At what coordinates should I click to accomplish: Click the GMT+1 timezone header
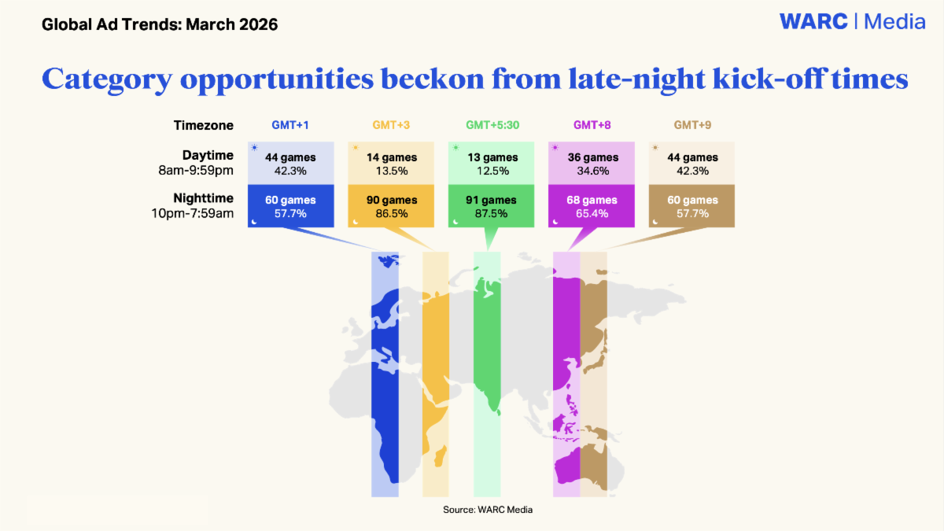point(290,125)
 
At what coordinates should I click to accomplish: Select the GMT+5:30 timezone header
point(492,125)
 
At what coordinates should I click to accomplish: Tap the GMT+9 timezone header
point(692,125)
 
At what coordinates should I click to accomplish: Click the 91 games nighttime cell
point(491,206)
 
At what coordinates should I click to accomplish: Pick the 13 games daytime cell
point(491,163)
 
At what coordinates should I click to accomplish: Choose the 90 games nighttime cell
point(391,206)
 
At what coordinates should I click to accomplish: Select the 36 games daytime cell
point(592,163)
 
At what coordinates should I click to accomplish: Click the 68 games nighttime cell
point(592,206)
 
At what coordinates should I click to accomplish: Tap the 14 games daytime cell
point(391,163)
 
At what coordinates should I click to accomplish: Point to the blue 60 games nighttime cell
point(291,206)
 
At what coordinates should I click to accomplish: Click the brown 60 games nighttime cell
point(691,206)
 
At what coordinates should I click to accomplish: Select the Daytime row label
point(196,163)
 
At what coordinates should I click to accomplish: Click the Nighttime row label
point(193,205)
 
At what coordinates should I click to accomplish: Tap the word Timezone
point(204,125)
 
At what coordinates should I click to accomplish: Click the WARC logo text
point(813,21)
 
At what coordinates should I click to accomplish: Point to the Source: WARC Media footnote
point(488,510)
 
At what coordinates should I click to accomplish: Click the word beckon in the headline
point(433,79)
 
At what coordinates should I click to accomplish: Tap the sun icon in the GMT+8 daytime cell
point(555,148)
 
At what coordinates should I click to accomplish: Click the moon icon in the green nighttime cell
point(455,222)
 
